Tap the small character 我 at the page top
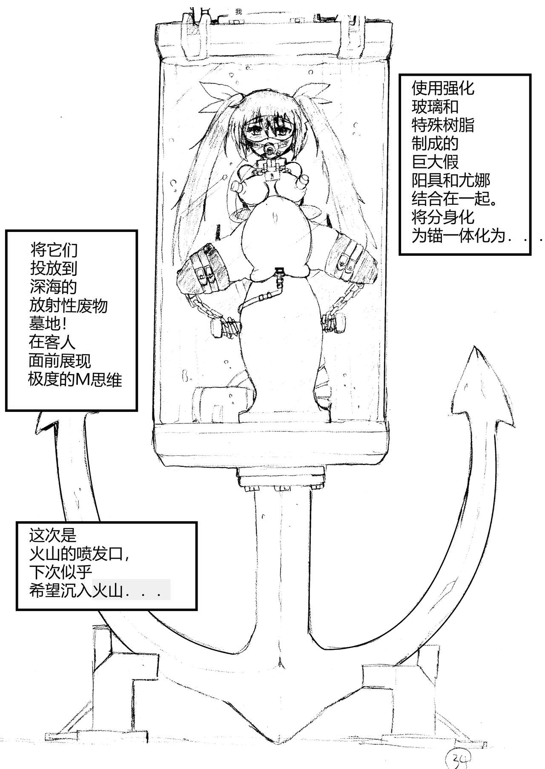238,11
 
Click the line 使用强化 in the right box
443,88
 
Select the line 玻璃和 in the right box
435,106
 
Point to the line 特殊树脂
443,125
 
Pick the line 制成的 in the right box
435,143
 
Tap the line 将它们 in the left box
54,249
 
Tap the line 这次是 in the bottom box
53,535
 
